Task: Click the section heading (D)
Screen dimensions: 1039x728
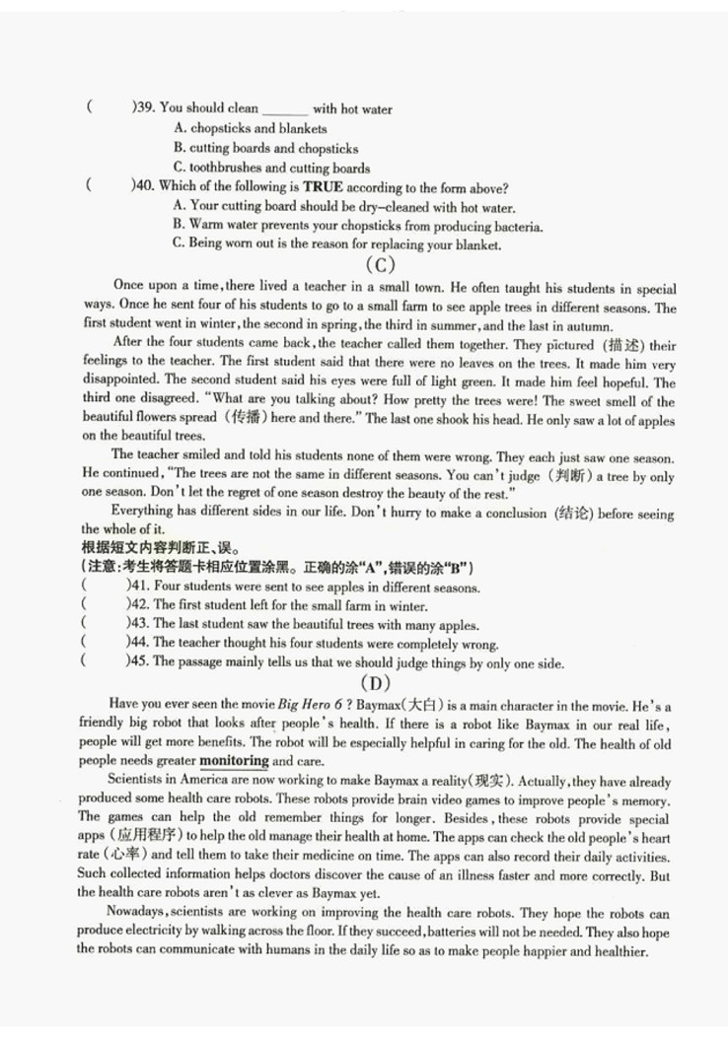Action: tap(376, 683)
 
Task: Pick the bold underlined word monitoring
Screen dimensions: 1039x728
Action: tap(234, 761)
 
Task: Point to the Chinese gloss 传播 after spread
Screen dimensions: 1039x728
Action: tap(231, 418)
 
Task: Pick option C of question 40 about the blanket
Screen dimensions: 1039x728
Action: tap(336, 244)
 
